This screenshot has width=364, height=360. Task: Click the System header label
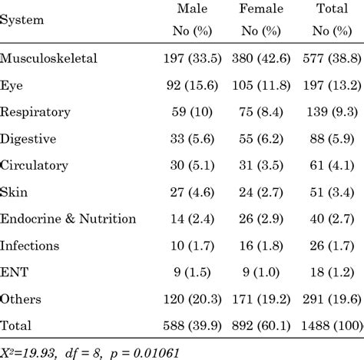point(22,19)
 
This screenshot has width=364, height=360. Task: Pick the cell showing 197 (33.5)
point(183,59)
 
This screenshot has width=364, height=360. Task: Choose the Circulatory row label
point(35,165)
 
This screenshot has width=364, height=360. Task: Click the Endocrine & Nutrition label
point(68,219)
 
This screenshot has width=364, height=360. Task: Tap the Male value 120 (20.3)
point(183,299)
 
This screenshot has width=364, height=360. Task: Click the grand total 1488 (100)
point(329,325)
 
